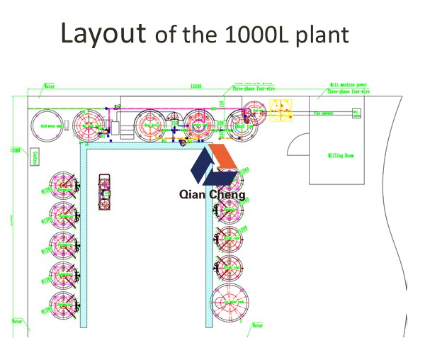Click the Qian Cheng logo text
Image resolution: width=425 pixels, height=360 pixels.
212,194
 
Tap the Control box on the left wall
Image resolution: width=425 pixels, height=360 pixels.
33,157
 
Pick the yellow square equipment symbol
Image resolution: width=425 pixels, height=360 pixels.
281,110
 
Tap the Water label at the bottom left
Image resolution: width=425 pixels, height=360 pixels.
17,321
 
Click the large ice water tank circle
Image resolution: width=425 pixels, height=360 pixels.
231,302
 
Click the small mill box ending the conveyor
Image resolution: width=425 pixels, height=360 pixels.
356,112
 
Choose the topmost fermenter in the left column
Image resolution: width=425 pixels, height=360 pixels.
63,186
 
